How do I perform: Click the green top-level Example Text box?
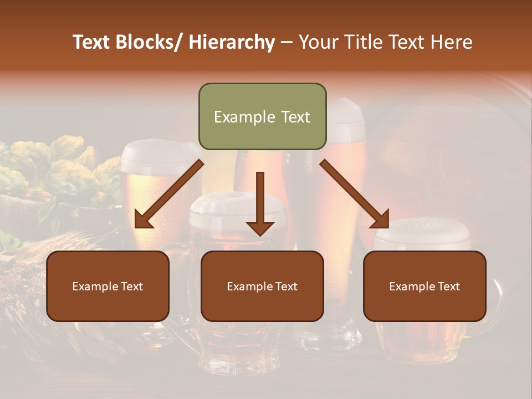[262, 116]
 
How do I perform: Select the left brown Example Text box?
[108, 286]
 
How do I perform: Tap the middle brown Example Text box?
[262, 286]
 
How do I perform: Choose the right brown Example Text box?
[424, 286]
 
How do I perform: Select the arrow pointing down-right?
[355, 195]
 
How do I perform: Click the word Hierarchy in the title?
[231, 42]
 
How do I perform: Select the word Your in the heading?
[318, 42]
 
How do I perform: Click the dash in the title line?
[287, 42]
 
